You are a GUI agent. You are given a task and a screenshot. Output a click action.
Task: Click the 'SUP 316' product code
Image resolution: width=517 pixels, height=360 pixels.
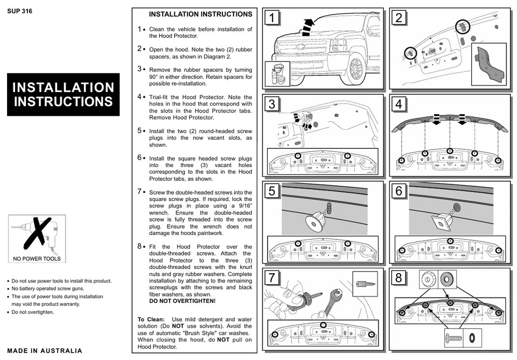pyautogui.click(x=20, y=11)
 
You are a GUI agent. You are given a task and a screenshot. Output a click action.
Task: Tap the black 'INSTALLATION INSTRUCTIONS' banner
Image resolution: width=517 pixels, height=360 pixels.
pyautogui.click(x=63, y=95)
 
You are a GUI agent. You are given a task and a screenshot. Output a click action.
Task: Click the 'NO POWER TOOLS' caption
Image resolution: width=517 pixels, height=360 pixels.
pyautogui.click(x=37, y=259)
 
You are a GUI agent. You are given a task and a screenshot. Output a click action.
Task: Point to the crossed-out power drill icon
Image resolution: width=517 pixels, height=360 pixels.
pyautogui.click(x=37, y=236)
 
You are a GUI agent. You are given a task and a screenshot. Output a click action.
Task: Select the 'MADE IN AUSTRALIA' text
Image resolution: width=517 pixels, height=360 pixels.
pyautogui.click(x=45, y=351)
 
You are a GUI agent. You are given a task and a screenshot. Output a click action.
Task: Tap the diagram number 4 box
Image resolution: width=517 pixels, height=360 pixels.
pyautogui.click(x=399, y=104)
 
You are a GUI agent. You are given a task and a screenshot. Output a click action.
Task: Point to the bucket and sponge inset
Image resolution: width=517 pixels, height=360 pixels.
pyautogui.click(x=278, y=74)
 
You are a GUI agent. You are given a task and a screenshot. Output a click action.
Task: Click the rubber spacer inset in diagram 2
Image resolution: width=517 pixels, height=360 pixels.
pyautogui.click(x=488, y=65)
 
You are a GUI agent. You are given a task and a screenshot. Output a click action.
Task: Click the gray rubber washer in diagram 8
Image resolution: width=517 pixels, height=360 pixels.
pyautogui.click(x=447, y=279)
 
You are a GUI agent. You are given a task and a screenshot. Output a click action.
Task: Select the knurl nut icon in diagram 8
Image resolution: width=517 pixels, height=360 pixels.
pyautogui.click(x=429, y=279)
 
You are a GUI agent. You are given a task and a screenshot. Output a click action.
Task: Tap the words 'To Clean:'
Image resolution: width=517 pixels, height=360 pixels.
pyautogui.click(x=151, y=319)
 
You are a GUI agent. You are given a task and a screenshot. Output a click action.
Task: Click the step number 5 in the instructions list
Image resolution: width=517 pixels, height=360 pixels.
pyautogui.click(x=139, y=130)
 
